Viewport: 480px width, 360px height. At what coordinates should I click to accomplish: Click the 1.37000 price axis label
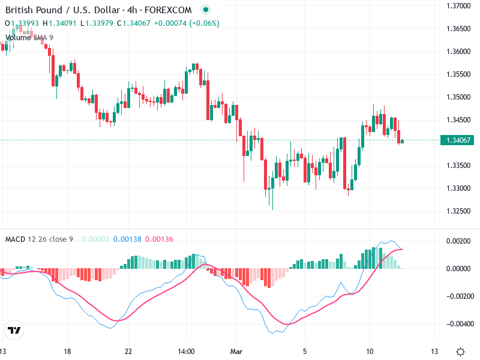(457, 6)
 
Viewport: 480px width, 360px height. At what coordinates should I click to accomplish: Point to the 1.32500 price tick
(457, 211)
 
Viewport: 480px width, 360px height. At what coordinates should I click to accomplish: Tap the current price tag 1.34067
(458, 140)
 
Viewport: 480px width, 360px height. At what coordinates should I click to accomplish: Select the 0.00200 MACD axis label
(457, 241)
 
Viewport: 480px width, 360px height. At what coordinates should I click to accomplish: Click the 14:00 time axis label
(187, 351)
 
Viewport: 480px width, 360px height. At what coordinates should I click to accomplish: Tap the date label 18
(67, 351)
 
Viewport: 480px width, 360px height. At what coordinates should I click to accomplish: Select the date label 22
(128, 351)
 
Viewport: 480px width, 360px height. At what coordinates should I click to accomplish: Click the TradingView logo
(14, 330)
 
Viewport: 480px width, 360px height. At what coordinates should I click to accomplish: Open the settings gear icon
(460, 352)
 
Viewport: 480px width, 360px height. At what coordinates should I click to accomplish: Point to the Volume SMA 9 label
(29, 37)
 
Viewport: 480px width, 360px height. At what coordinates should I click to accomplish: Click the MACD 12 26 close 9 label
(39, 239)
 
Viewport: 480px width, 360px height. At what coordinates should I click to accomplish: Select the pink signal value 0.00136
(160, 239)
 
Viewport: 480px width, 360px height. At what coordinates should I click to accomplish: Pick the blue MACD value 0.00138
(127, 239)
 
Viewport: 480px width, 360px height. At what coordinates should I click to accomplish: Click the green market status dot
(206, 10)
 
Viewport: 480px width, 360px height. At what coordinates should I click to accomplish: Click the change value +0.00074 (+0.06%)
(187, 23)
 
